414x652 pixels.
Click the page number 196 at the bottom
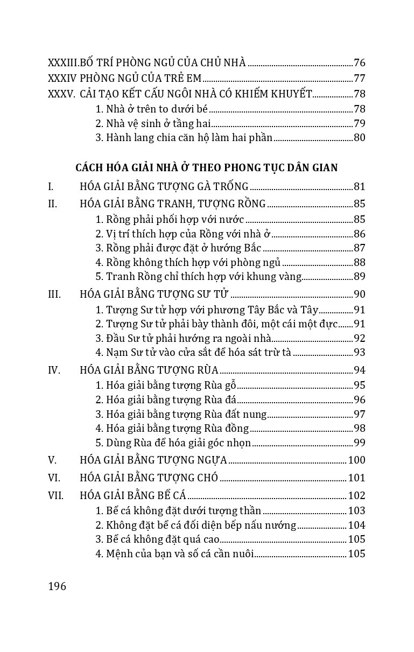[x=57, y=586]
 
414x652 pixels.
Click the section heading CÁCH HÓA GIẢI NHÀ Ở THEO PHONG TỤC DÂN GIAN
[x=207, y=167]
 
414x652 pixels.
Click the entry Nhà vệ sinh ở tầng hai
[x=153, y=123]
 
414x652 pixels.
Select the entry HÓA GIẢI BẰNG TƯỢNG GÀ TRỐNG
[x=164, y=187]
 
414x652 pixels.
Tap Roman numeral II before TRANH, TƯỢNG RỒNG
[x=52, y=204]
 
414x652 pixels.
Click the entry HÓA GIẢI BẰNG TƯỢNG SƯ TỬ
[x=155, y=295]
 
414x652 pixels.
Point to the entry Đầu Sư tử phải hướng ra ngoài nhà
[x=183, y=339]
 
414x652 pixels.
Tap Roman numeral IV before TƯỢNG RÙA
[x=53, y=370]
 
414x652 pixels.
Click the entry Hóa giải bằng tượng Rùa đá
[x=166, y=400]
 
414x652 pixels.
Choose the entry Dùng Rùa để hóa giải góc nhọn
[x=173, y=443]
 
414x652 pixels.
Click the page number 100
[x=357, y=460]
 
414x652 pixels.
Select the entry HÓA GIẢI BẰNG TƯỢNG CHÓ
[x=149, y=478]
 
